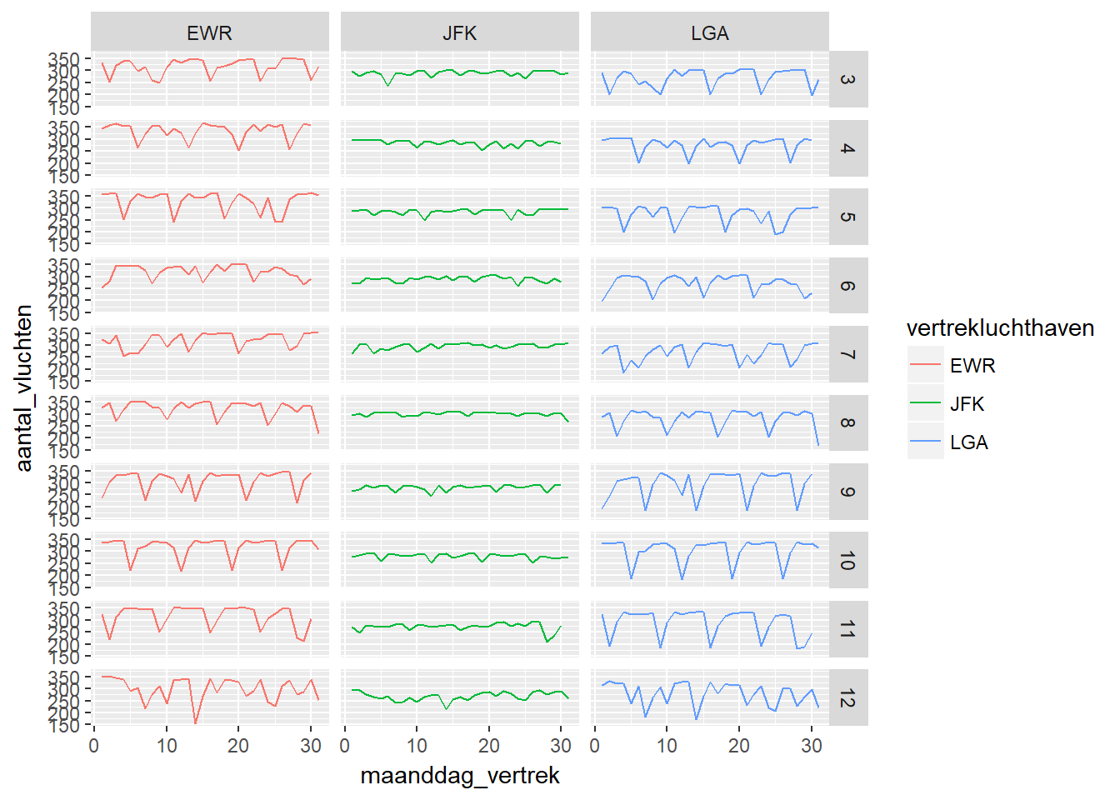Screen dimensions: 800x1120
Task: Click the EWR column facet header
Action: click(x=209, y=33)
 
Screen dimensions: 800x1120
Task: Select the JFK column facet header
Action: click(x=459, y=33)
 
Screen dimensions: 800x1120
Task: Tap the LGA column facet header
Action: click(x=709, y=33)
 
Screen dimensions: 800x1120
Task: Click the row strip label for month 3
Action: click(x=847, y=79)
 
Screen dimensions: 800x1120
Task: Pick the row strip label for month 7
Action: click(x=847, y=354)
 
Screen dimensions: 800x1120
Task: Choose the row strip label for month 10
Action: click(x=847, y=561)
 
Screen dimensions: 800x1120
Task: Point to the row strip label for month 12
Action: click(x=847, y=698)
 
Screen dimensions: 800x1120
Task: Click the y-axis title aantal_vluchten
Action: click(x=24, y=387)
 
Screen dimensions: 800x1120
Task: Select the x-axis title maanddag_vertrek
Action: click(x=459, y=776)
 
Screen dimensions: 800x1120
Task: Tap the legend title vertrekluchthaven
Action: click(x=1000, y=328)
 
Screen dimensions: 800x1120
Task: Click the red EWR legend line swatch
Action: click(x=925, y=365)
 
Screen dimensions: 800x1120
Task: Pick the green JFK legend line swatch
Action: click(x=925, y=403)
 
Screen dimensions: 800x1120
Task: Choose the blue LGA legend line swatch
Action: click(x=925, y=442)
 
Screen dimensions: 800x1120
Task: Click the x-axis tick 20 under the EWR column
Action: click(x=238, y=746)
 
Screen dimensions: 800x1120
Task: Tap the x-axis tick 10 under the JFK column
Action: click(x=417, y=746)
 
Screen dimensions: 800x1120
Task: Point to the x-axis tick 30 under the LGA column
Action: click(x=811, y=746)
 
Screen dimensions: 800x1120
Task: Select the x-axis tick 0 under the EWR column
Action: click(x=94, y=746)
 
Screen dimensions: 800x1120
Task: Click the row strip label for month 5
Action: click(x=847, y=217)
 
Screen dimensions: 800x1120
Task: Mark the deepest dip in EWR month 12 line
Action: click(x=196, y=722)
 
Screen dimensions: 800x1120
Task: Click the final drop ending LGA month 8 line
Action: click(x=818, y=445)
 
